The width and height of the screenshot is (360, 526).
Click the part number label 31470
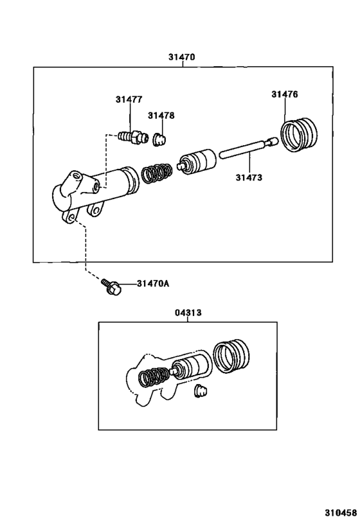pyautogui.click(x=181, y=57)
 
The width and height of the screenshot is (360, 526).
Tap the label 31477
pyautogui.click(x=129, y=100)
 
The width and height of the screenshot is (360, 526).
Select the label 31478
pyautogui.click(x=161, y=116)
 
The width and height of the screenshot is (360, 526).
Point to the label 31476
pyautogui.click(x=285, y=94)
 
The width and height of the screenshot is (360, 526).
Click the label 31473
pyautogui.click(x=249, y=177)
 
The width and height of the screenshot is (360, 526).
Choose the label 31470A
pyautogui.click(x=153, y=284)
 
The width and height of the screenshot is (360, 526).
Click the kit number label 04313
pyautogui.click(x=188, y=313)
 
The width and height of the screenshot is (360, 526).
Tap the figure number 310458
pyautogui.click(x=341, y=513)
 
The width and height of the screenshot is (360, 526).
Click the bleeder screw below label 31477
pyautogui.click(x=133, y=137)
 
